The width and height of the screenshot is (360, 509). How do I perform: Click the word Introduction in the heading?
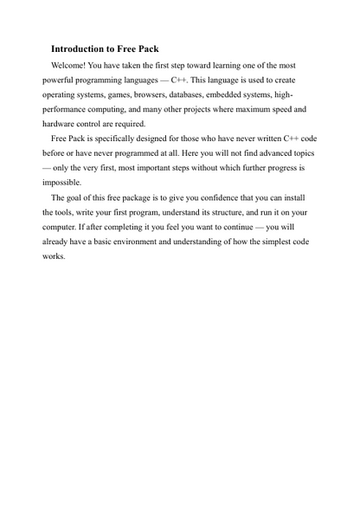(80, 48)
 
